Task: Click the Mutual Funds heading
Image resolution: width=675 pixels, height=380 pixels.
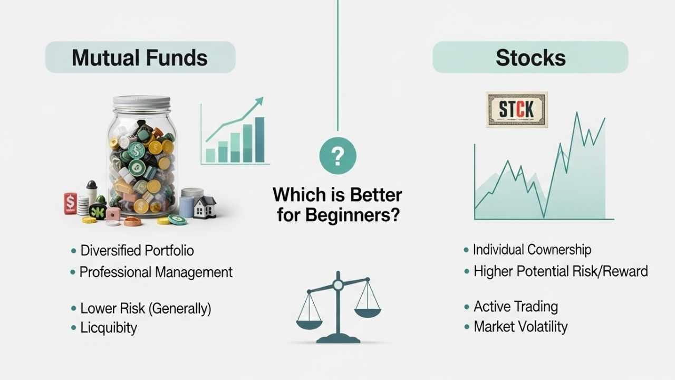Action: coord(140,58)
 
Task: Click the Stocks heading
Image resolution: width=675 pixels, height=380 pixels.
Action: coord(531,58)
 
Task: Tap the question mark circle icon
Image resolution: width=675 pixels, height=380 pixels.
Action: coord(338,156)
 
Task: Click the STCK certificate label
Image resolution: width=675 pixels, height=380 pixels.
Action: coord(517,110)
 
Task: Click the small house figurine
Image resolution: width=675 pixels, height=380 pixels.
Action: coord(205,206)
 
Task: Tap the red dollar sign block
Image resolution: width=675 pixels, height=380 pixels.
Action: coord(70,203)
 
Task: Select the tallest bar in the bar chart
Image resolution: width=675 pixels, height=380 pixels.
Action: coord(259,139)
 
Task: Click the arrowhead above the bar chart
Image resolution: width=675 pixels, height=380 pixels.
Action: coord(258,101)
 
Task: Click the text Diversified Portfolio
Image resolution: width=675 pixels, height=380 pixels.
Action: coord(137,250)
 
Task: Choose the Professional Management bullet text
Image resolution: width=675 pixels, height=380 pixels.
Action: coord(156,272)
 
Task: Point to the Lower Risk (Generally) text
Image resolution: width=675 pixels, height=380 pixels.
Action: coord(146,308)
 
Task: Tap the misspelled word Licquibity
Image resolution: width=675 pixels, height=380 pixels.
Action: coord(109,328)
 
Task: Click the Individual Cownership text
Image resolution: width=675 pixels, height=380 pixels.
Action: coord(532,250)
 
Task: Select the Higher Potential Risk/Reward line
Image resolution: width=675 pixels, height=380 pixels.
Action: coord(561,271)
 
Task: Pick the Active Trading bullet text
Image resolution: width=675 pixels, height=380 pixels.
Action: coord(516,307)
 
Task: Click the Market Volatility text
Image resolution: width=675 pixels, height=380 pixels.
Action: coord(520,327)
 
